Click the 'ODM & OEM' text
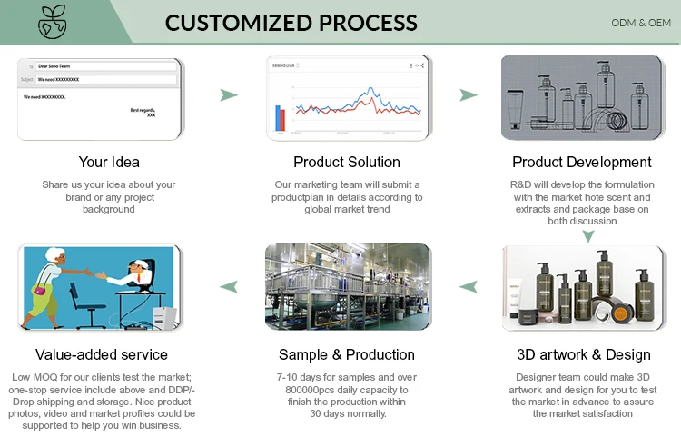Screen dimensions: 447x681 click(640, 22)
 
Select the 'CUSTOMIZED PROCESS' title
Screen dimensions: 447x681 click(291, 23)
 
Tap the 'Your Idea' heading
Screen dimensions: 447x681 click(109, 162)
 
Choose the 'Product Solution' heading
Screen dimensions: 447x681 click(347, 162)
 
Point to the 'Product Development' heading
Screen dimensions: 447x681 click(582, 162)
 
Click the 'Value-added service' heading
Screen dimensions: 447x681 click(102, 354)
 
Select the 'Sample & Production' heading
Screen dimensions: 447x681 click(347, 354)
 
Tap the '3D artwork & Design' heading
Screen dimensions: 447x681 click(583, 354)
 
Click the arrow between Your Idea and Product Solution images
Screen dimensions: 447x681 click(229, 94)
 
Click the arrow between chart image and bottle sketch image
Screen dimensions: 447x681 click(468, 94)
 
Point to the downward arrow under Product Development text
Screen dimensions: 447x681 click(588, 235)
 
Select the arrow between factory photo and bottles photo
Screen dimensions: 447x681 click(468, 287)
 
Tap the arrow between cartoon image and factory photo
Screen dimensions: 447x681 click(229, 287)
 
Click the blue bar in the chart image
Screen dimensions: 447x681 click(278, 117)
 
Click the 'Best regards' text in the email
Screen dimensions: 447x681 click(143, 110)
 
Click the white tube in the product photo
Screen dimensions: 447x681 click(516, 292)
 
